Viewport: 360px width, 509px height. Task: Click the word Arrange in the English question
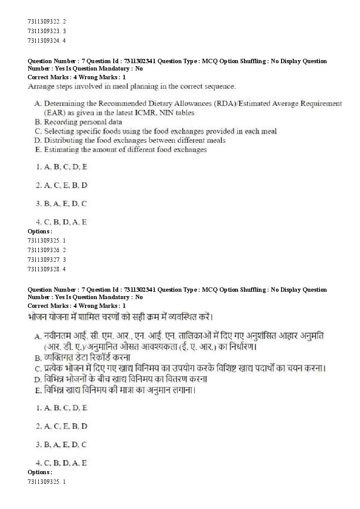pos(41,86)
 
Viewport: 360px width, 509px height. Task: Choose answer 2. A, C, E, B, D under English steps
pos(61,185)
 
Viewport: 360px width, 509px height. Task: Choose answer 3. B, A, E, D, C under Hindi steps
pos(61,445)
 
